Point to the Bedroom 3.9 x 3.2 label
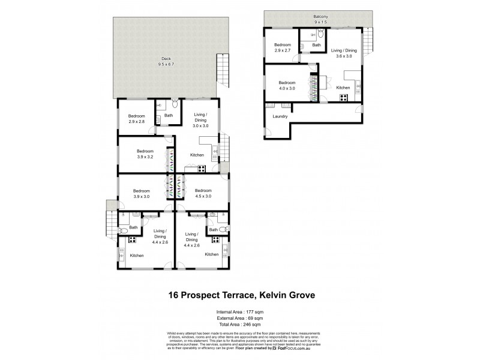coord(146,154)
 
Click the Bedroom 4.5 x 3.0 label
coord(203,193)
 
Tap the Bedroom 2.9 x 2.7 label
coord(283,48)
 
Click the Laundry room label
coord(280,116)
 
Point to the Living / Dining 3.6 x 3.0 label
coord(344,54)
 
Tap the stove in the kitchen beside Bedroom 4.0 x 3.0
coord(345,98)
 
